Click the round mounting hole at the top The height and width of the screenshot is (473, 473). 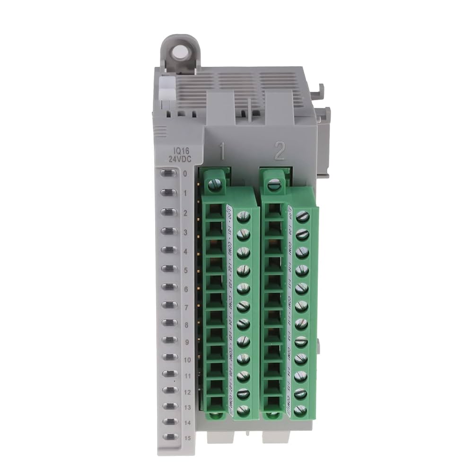[179, 52]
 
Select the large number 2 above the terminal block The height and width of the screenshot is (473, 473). [279, 152]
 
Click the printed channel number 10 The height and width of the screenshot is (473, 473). [186, 360]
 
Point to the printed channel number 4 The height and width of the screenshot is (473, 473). [185, 252]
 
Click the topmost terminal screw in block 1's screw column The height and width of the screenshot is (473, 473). [244, 217]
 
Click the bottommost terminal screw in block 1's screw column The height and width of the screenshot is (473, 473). [244, 411]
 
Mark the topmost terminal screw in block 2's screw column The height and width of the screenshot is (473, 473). [302, 217]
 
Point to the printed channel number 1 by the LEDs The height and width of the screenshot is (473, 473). [185, 193]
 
